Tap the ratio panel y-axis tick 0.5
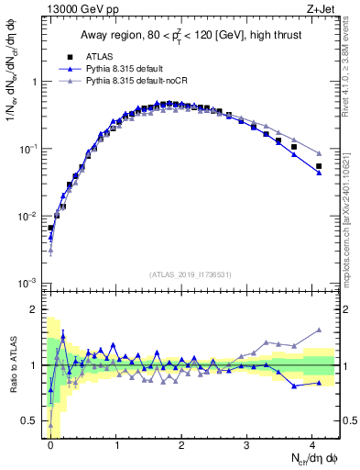[32, 420]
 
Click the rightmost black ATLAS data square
[319, 166]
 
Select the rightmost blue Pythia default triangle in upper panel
[319, 173]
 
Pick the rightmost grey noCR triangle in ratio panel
[319, 330]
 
